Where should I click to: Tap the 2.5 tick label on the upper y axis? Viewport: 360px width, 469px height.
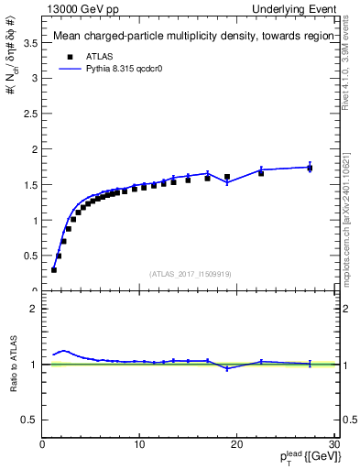pos(29,114)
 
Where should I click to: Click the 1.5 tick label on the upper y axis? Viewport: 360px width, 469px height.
pos(29,185)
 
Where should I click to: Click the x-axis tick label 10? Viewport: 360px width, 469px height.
pos(139,445)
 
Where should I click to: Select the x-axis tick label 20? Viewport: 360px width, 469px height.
pos(237,445)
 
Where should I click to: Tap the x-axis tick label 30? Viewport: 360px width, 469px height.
pos(333,445)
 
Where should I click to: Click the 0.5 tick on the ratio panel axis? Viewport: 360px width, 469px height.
pos(29,420)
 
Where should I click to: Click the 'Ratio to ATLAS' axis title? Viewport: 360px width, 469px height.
pos(12,364)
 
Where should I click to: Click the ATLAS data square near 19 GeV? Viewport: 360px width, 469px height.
pos(227,177)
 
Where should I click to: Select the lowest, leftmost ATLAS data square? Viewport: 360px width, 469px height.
pos(54,269)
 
